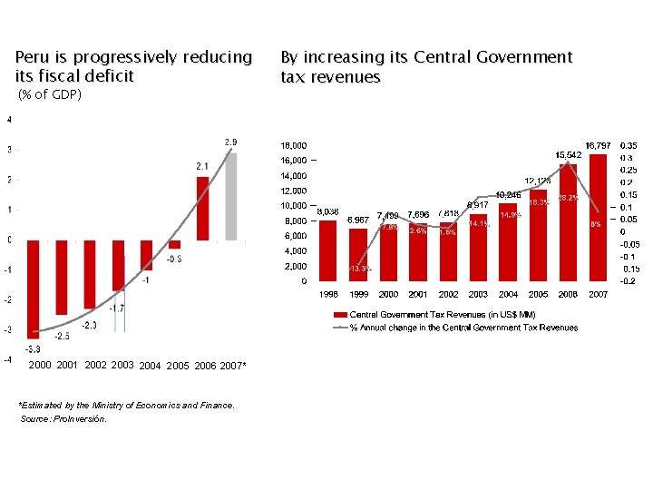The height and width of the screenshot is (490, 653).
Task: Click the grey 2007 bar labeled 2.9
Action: (231, 196)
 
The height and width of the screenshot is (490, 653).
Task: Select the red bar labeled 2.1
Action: (202, 208)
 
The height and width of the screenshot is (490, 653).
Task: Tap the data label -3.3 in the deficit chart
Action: (32, 348)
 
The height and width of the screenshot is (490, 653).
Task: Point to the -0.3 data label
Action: (175, 259)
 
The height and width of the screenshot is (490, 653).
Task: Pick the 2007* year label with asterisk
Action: (233, 366)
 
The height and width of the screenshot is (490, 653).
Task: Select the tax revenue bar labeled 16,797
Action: (598, 218)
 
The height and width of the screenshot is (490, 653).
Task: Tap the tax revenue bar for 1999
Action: (358, 255)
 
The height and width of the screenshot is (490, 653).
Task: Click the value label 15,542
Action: (569, 155)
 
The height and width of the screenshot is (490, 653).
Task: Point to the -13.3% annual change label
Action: (360, 269)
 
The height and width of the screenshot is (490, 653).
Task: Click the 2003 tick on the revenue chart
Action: (478, 294)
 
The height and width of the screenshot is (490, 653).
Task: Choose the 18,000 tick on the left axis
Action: (292, 144)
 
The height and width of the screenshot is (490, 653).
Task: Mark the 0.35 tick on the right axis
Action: (629, 144)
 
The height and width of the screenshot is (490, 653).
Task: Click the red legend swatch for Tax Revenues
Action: (341, 314)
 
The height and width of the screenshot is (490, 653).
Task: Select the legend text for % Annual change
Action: (463, 328)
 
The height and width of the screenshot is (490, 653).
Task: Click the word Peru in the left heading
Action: (31, 57)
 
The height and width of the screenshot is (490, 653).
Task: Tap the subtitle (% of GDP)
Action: (50, 94)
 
